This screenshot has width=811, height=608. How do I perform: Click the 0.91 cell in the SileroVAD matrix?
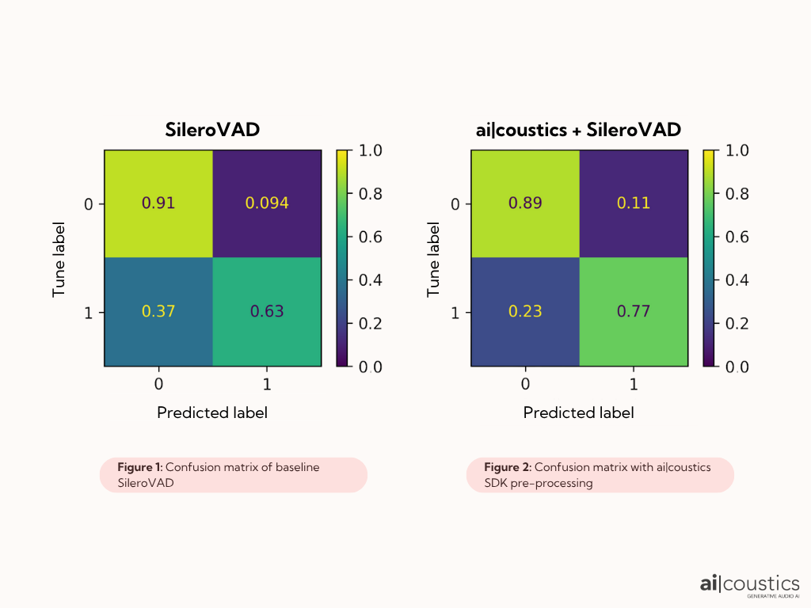[x=158, y=203]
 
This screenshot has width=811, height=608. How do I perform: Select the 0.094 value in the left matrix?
[x=267, y=203]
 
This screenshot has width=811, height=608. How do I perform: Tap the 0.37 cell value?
[x=158, y=311]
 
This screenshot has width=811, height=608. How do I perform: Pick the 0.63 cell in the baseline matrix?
[x=267, y=311]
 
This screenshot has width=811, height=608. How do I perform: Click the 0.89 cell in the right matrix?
[x=525, y=203]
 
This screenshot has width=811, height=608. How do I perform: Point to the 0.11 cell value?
[x=634, y=203]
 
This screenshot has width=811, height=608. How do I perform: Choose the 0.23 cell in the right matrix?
[x=525, y=311]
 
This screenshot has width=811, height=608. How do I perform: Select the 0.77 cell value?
[x=634, y=311]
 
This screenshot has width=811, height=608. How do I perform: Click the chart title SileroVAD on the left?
[x=211, y=130]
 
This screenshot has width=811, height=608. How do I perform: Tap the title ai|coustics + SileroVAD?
[x=579, y=130]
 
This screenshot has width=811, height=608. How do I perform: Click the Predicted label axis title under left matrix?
[x=211, y=412]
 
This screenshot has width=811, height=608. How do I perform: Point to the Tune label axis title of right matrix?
[x=433, y=258]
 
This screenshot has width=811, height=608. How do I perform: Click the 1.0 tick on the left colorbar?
[x=371, y=150]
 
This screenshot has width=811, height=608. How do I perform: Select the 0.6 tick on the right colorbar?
[x=738, y=237]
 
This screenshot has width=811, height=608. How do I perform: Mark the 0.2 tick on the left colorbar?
[x=371, y=323]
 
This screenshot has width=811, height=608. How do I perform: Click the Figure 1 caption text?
[x=218, y=474]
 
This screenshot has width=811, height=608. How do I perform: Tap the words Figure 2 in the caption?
[x=502, y=467]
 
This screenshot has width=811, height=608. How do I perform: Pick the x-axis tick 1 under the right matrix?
[x=633, y=385]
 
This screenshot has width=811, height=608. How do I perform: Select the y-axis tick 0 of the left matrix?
[x=89, y=204]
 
